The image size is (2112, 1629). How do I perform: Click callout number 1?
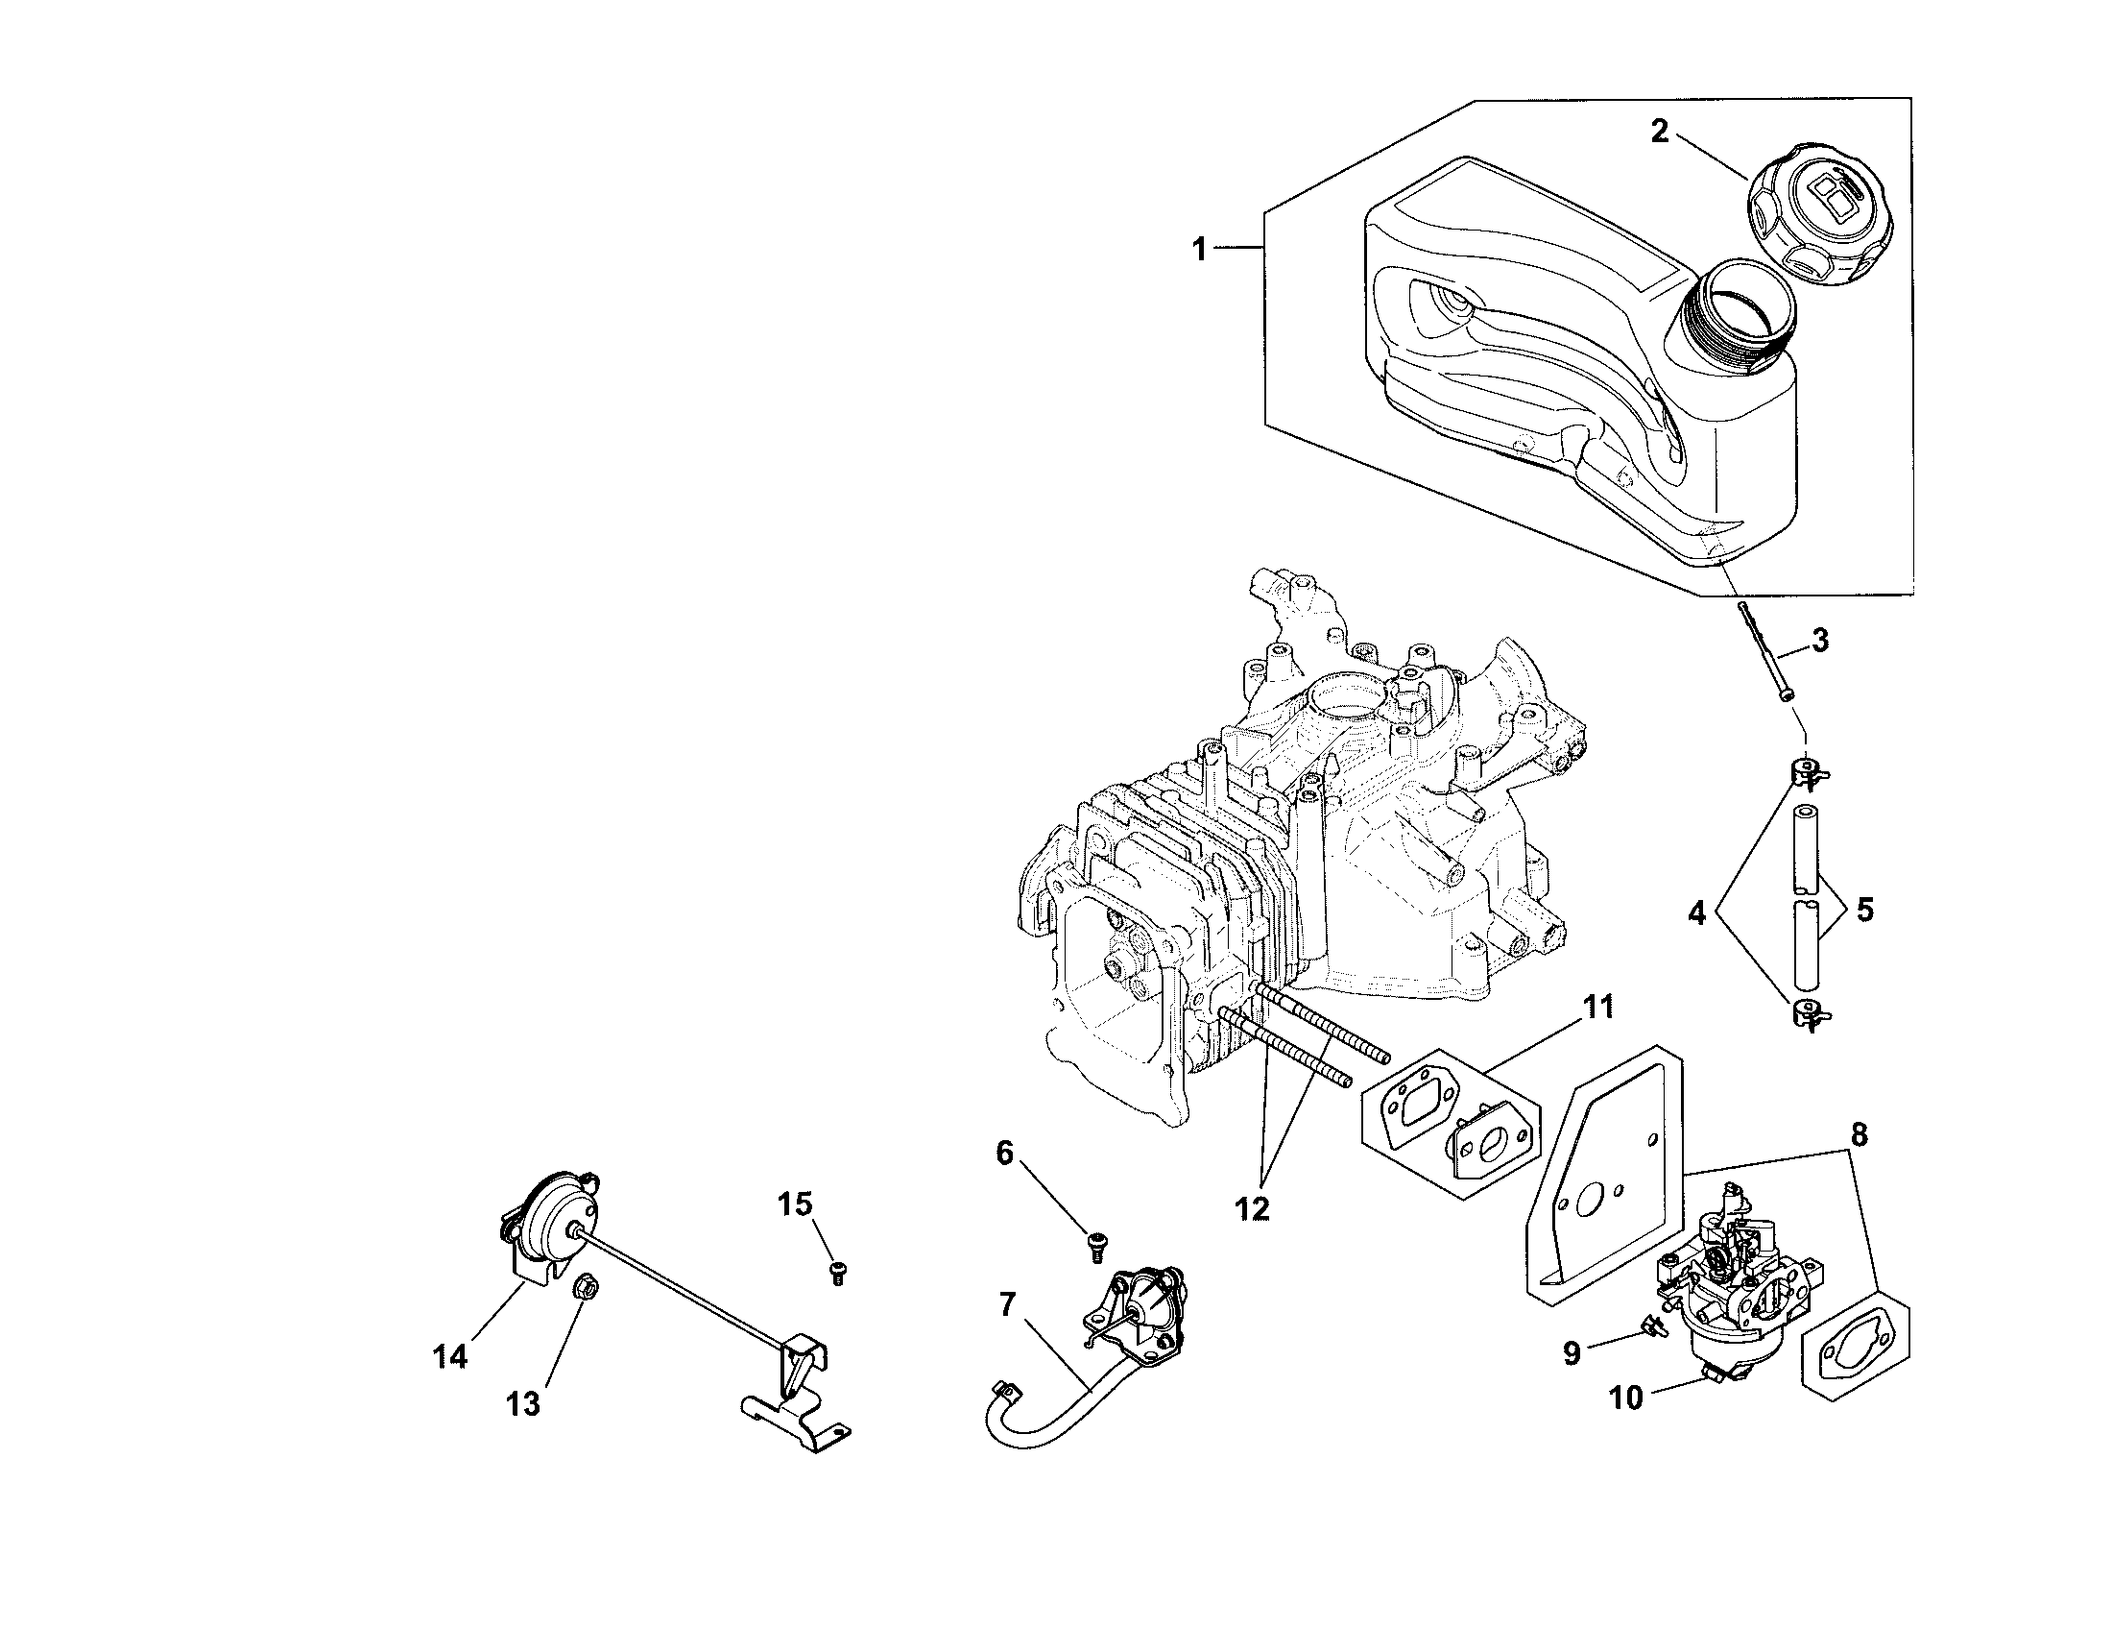pos(1199,223)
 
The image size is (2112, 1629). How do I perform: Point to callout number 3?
pos(1820,640)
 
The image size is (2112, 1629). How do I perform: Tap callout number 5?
pos(1865,910)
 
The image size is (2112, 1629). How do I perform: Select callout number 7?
pos(1007,1305)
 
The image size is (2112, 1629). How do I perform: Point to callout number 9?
pos(1572,1352)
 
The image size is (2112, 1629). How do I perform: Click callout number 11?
pos(1597,1007)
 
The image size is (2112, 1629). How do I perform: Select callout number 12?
pos(1251,1209)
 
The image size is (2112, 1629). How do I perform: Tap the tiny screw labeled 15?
pos(837,1273)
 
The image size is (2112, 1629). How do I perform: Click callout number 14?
pos(450,1356)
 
